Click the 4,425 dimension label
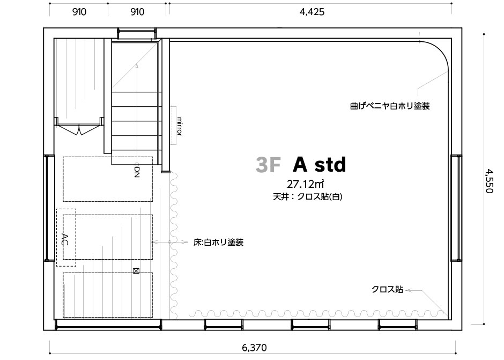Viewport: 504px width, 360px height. coord(312,12)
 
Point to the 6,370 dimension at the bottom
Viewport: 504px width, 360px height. coord(254,348)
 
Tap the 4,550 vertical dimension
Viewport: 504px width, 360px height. coord(489,181)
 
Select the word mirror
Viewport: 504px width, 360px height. coord(180,126)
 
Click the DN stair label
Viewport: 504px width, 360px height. coord(137,172)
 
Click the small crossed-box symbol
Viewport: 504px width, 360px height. coord(136,271)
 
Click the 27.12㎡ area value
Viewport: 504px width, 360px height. coord(305,184)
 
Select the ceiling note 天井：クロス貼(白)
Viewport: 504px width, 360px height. coord(308,196)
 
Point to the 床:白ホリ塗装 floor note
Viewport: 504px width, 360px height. coord(218,242)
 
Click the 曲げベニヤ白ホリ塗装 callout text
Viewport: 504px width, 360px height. coord(390,106)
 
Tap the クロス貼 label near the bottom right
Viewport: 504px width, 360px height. coord(387,290)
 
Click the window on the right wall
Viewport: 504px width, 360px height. coord(456,208)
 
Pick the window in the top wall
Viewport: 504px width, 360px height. coord(137,34)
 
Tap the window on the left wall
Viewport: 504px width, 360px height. coord(49,208)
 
